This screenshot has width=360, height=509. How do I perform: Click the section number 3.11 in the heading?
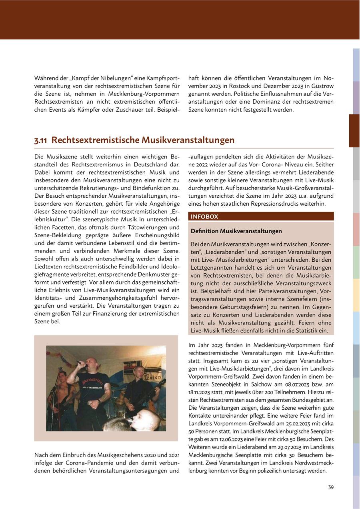(x=41, y=140)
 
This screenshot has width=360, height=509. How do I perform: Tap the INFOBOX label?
(x=204, y=216)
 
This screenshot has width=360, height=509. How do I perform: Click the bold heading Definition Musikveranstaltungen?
(x=236, y=231)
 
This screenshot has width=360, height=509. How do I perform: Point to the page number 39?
(x=330, y=487)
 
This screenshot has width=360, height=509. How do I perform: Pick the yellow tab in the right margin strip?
(x=356, y=295)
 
